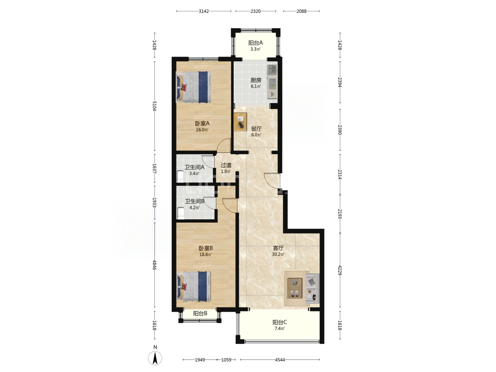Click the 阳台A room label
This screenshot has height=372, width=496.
255,43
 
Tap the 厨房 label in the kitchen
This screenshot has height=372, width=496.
255,80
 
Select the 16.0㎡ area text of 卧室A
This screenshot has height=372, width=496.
202,130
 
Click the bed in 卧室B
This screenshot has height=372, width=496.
194,286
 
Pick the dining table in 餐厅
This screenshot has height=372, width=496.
240,122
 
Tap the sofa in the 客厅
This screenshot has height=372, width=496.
312,288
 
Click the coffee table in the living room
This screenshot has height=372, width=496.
294,288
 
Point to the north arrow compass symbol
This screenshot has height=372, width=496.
155,358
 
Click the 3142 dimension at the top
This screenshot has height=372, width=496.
203,11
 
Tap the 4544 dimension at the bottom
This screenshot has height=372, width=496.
280,360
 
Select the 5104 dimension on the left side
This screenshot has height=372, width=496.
154,106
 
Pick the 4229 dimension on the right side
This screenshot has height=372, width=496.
339,270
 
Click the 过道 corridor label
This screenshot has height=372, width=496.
226,165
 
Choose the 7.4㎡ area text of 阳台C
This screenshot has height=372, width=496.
280,328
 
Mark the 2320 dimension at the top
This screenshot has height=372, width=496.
255,11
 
